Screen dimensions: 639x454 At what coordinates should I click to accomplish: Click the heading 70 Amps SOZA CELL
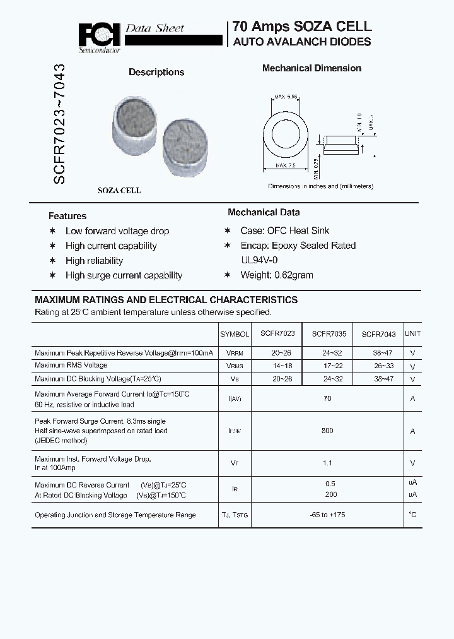pos(302,27)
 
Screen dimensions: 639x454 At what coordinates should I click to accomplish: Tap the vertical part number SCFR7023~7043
pos(59,124)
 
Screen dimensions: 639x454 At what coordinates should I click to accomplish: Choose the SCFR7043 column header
pos(378,335)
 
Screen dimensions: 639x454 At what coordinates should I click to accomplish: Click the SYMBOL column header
pos(235,334)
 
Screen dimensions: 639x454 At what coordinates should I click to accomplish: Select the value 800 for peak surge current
pos(327,431)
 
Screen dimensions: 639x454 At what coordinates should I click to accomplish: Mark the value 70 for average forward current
pos(327,398)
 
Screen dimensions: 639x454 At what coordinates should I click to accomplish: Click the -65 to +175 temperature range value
pos(327,515)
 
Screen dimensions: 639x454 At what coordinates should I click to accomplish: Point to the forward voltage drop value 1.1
pos(327,463)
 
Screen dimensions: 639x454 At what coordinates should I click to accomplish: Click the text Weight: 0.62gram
pos(276,275)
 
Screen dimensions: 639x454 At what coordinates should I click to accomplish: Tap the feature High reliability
pos(94,261)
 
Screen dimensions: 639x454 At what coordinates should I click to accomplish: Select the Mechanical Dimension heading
pos(311,68)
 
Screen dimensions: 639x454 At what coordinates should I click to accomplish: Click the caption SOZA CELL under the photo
pos(119,190)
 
